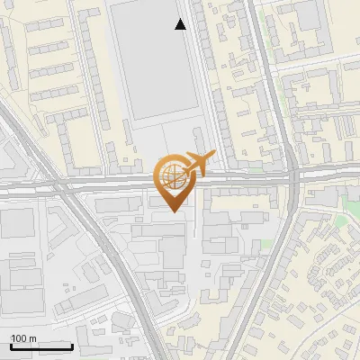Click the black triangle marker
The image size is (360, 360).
[181, 24]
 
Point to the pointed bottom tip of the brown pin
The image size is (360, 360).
[173, 212]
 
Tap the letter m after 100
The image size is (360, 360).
[33, 338]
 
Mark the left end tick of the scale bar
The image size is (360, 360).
[11, 346]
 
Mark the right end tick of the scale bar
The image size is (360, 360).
[72, 346]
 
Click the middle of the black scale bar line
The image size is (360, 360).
[41, 347]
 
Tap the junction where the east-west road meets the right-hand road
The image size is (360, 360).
[294, 177]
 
